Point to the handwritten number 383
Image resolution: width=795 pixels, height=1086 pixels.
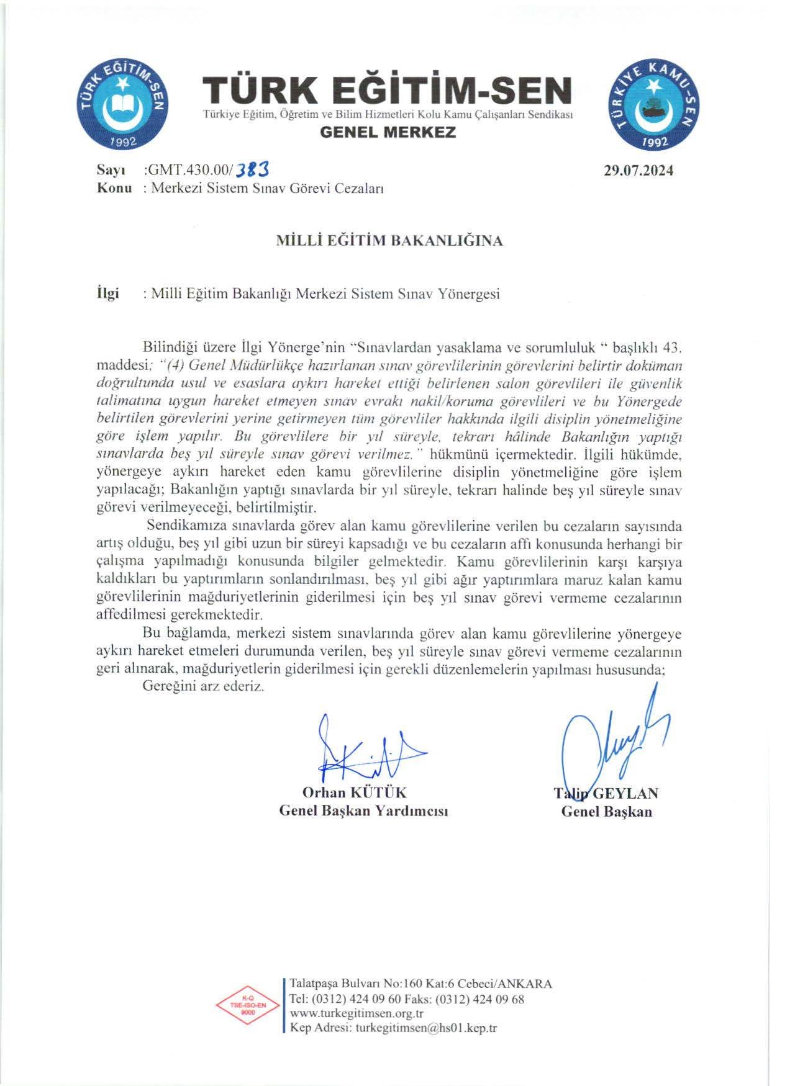253,169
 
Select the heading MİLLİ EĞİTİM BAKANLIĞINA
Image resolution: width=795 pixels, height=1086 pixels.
389,241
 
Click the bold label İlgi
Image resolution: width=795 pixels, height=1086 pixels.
107,294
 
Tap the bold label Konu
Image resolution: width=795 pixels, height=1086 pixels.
114,188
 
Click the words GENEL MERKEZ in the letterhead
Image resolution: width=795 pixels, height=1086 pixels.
388,132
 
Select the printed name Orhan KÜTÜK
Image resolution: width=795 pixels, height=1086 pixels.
354,792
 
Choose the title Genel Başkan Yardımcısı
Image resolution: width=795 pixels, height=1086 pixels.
363,811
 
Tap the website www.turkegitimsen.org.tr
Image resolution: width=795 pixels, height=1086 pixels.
357,1013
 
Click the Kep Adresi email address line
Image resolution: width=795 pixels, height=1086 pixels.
393,1028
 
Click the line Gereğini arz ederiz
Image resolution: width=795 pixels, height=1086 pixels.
203,687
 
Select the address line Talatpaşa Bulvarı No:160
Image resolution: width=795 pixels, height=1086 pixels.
420,984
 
